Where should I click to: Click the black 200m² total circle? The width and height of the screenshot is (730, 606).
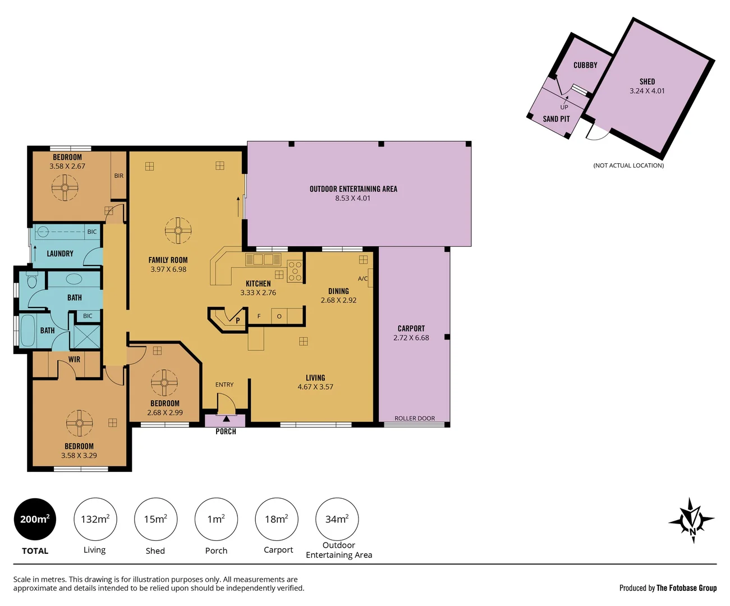coord(35,519)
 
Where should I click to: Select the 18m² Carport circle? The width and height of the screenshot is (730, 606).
coord(277,519)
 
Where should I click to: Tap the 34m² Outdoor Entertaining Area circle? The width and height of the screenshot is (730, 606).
coord(337,519)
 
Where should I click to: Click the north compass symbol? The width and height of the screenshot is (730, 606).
coord(692,520)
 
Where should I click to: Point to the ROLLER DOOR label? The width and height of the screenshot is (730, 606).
coord(415,419)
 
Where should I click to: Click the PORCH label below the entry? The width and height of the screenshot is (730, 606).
coord(226,431)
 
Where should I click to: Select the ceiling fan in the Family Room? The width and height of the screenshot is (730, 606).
coord(178,230)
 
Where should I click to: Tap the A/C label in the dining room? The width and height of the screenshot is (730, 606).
coord(363,279)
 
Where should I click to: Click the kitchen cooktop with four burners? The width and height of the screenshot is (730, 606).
coord(295,271)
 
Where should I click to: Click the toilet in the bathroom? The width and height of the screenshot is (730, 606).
coord(32,281)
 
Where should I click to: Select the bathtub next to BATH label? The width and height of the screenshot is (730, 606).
coord(27,330)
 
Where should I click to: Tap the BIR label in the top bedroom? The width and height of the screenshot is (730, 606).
coord(119,176)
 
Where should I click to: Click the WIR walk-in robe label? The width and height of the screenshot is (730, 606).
coord(75,360)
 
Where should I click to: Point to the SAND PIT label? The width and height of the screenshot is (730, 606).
coord(556,119)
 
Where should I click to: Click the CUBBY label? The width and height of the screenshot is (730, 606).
coord(585,65)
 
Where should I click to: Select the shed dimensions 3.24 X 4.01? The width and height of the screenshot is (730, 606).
coord(647,91)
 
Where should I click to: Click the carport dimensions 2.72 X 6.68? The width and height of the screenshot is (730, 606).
coord(411,338)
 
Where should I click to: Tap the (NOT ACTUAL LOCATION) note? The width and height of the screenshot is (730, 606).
coord(628,166)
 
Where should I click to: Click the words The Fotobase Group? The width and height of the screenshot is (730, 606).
coord(686,588)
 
